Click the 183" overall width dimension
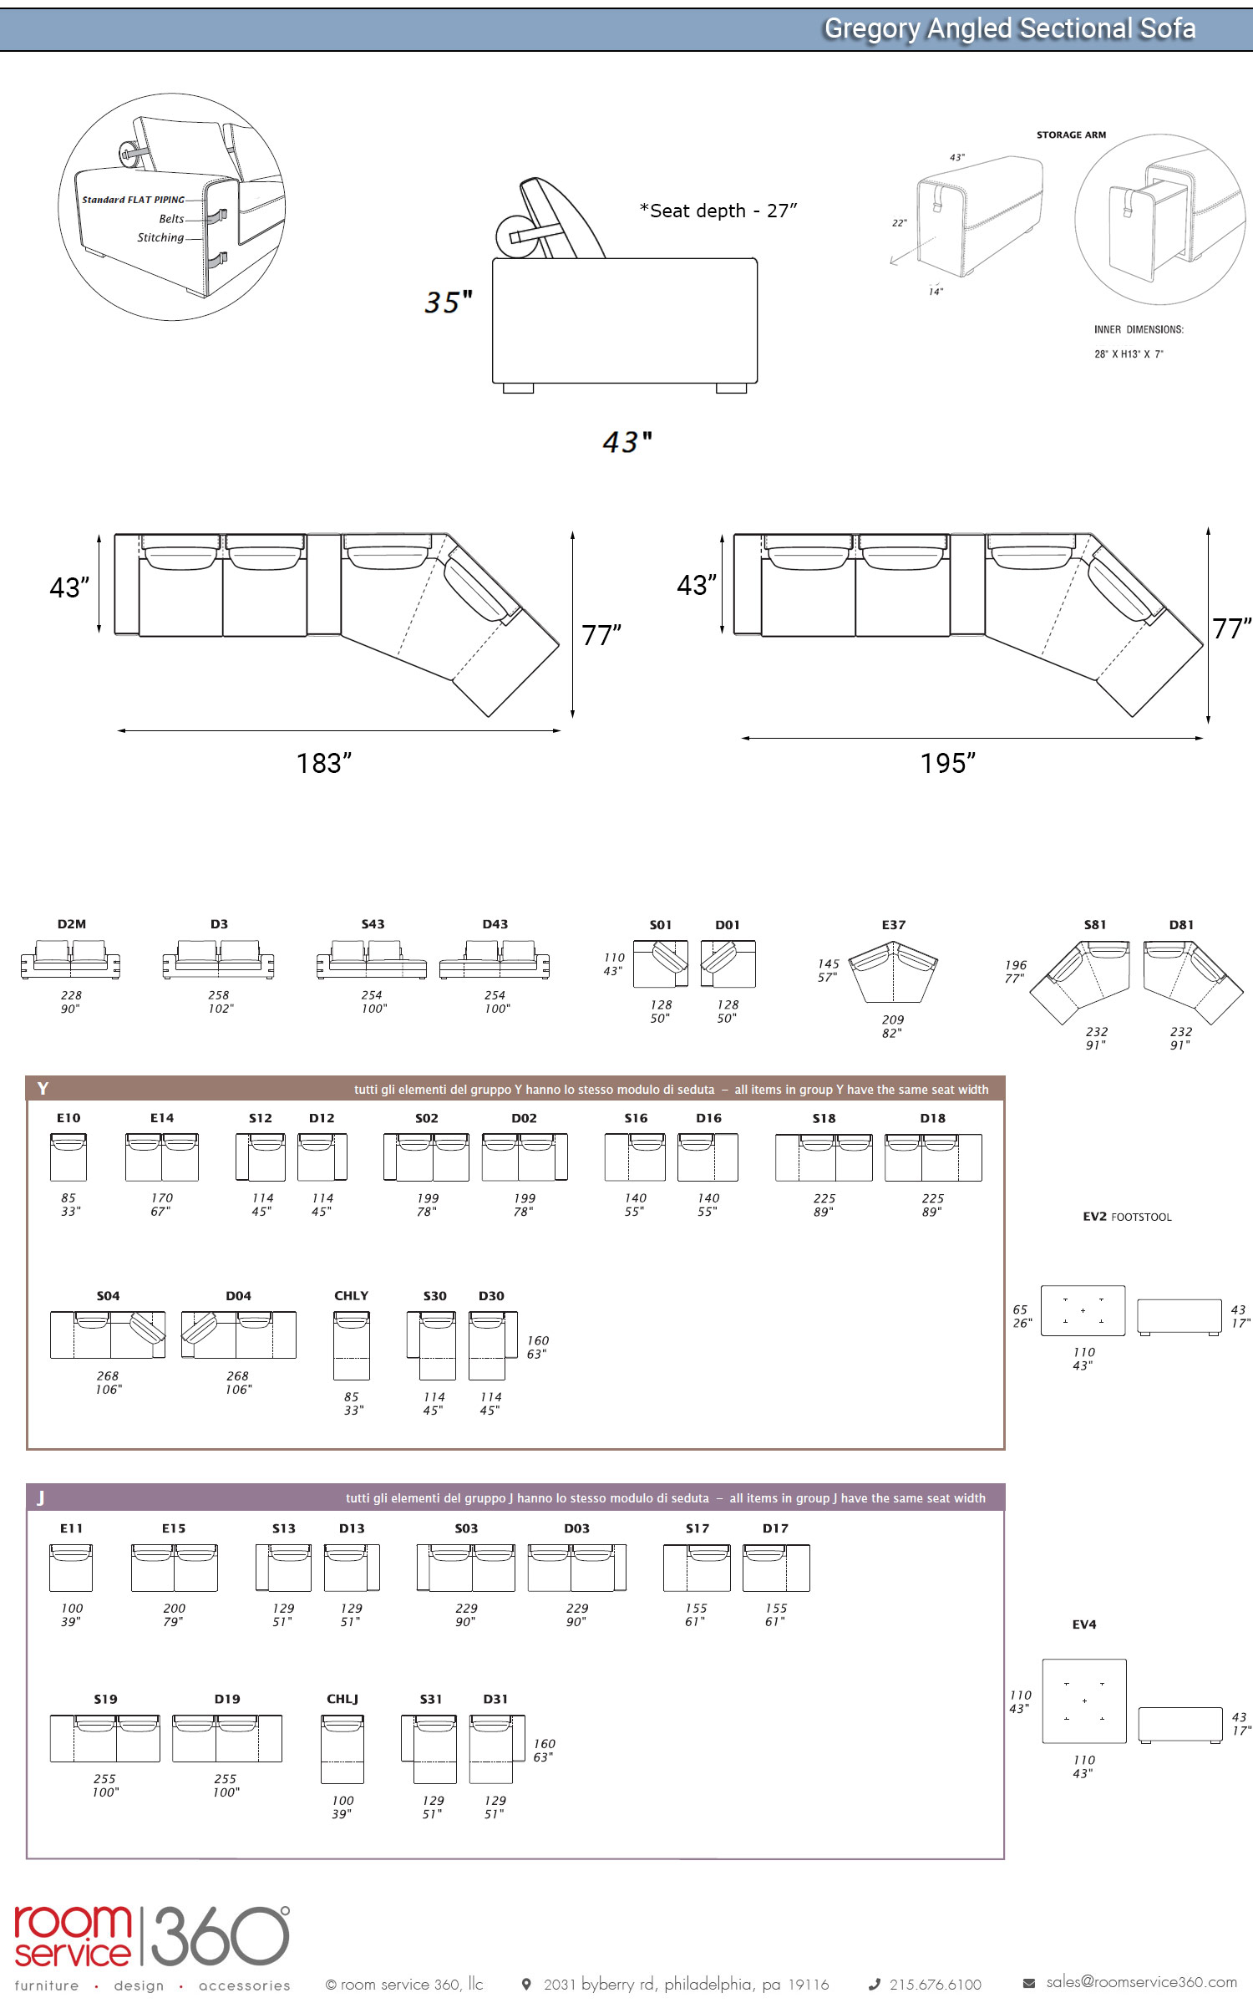324,763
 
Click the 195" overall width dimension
948,763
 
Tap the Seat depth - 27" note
718,211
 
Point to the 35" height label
449,302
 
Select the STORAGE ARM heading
1071,135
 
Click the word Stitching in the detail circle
160,237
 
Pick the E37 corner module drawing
893,972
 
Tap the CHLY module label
351,1295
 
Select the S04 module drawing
108,1335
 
